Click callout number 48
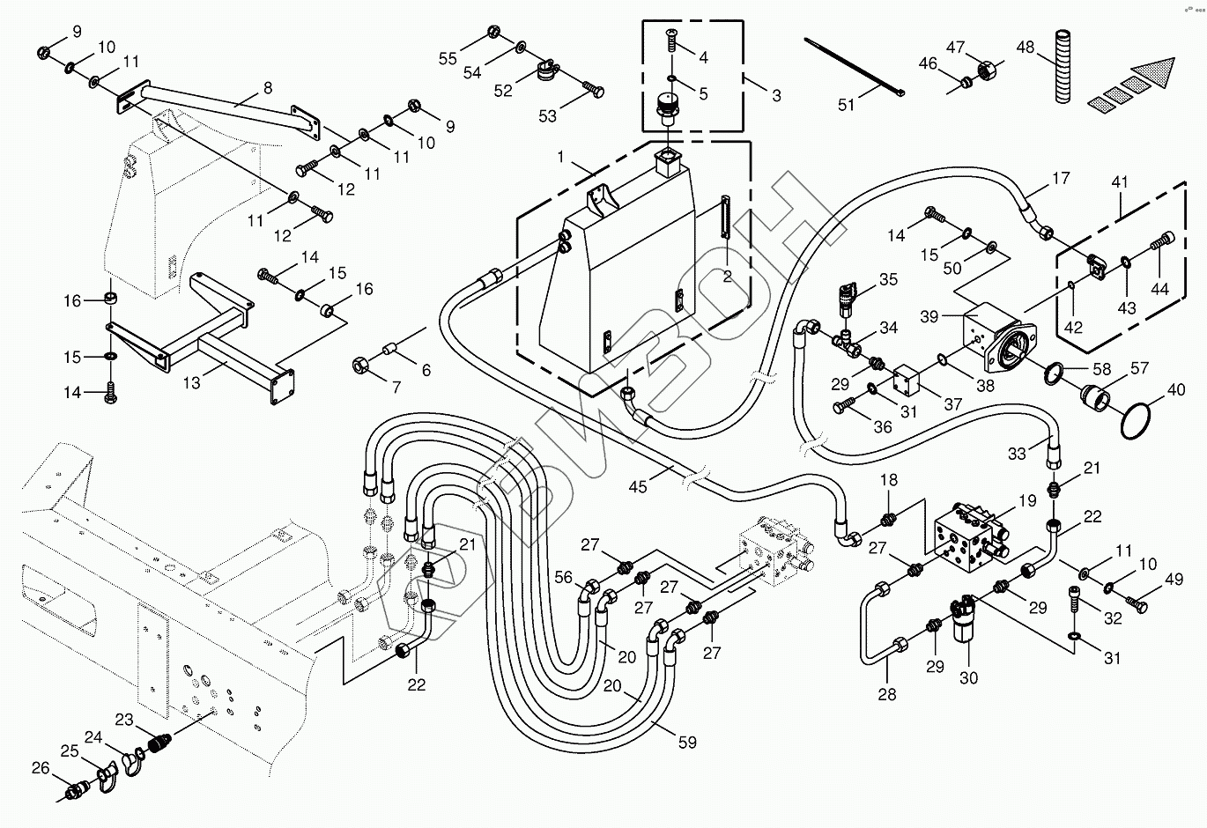click(x=1025, y=48)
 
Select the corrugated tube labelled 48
click(x=1062, y=66)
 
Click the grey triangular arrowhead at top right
click(x=1153, y=73)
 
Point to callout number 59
click(x=687, y=743)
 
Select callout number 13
click(x=191, y=382)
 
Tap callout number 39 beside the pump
click(x=929, y=316)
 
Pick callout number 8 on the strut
click(x=268, y=87)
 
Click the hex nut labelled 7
click(x=359, y=366)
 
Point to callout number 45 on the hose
click(x=638, y=486)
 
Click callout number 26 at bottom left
click(x=41, y=768)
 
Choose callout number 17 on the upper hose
click(x=1061, y=178)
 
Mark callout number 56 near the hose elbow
click(x=563, y=578)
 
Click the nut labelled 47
click(x=986, y=70)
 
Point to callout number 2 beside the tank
click(x=728, y=277)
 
